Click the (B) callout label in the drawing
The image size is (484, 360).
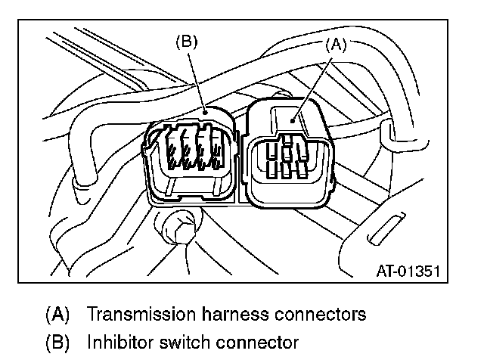(186, 42)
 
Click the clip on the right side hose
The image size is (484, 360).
(391, 134)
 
